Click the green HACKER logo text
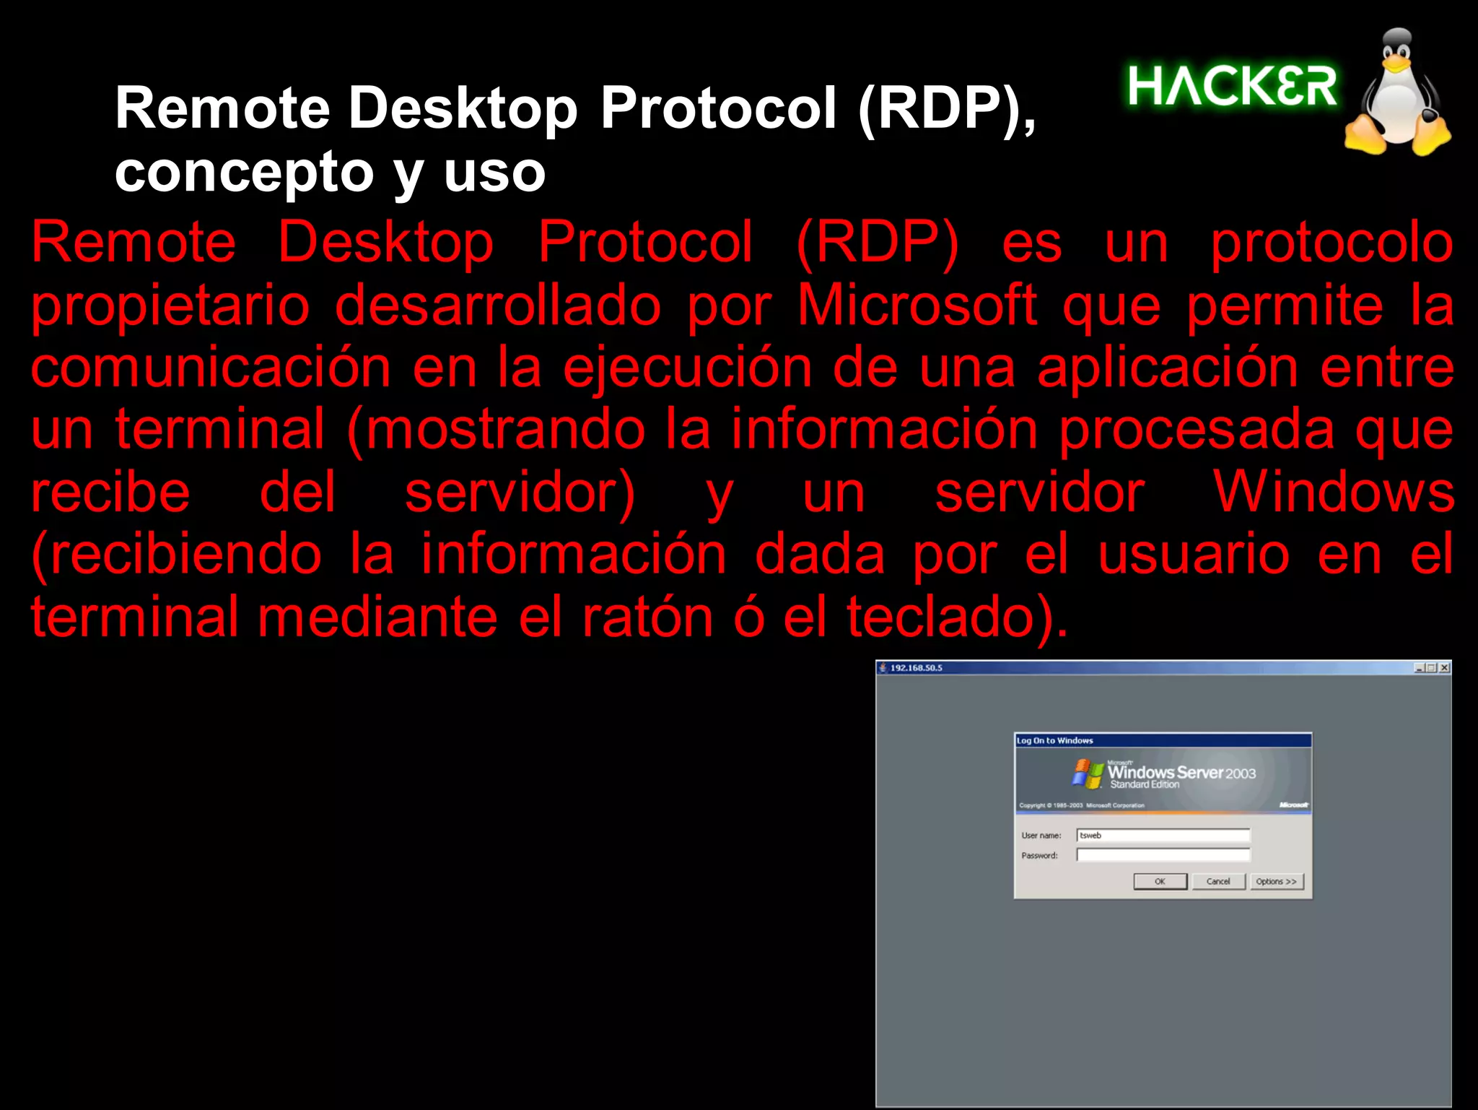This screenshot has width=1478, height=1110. click(1232, 87)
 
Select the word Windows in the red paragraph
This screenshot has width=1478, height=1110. click(1332, 493)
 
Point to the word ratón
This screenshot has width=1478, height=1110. click(647, 618)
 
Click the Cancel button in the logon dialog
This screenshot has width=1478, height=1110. click(1218, 882)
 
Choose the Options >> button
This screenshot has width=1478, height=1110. click(1276, 882)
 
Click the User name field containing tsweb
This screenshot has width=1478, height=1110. click(1163, 836)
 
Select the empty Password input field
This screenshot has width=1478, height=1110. click(1163, 855)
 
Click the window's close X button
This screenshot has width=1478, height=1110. click(1444, 668)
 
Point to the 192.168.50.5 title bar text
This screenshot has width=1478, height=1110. click(916, 668)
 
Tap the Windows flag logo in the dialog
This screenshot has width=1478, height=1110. click(1088, 773)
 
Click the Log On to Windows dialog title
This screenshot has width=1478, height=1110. click(1054, 741)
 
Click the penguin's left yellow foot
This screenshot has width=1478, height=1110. click(1365, 136)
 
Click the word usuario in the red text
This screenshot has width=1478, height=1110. click(1194, 555)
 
